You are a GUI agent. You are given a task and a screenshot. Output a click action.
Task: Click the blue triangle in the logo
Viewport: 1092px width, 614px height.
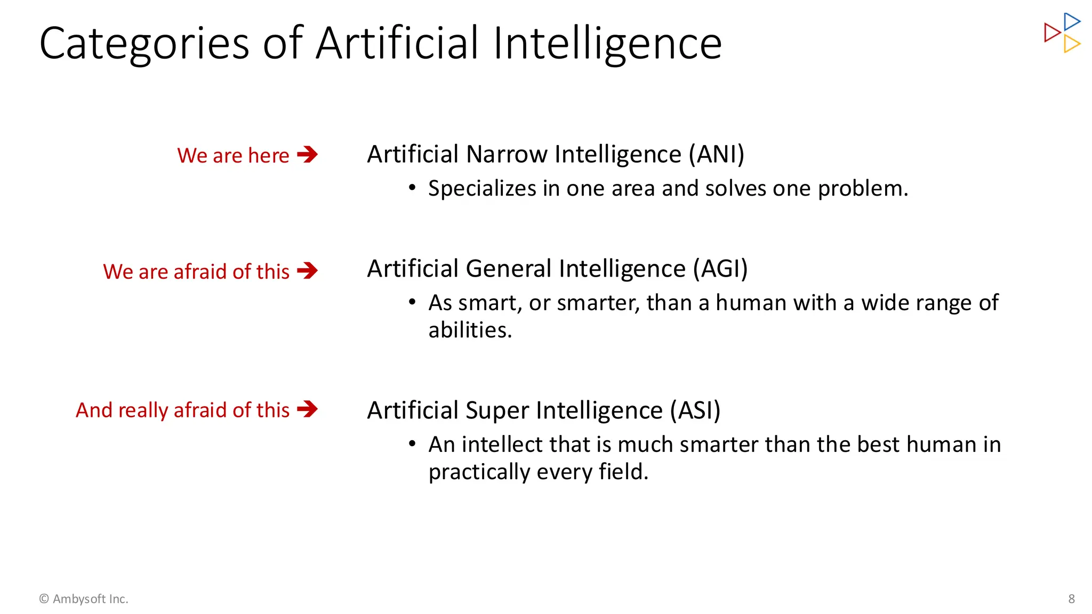(1071, 22)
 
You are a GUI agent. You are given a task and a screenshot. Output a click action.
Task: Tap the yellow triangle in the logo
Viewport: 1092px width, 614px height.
(1071, 44)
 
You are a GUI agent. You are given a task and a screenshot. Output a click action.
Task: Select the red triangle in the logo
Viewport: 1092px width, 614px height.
(1051, 33)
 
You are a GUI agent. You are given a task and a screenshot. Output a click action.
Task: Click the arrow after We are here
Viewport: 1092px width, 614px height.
(308, 155)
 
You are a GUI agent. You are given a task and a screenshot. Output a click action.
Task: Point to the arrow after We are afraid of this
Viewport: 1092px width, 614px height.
(308, 271)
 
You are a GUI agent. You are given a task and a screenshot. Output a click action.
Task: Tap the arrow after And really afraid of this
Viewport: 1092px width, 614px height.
(308, 409)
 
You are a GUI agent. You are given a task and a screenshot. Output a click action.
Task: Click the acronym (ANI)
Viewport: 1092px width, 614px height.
(716, 155)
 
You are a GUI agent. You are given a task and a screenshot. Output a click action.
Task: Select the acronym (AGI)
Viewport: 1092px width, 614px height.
(720, 269)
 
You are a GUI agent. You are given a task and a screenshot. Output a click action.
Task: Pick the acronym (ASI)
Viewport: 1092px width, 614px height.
(695, 410)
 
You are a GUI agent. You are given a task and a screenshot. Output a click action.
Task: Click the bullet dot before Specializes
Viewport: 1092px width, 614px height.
(412, 188)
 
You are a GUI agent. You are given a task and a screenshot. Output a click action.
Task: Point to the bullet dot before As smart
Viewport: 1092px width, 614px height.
(412, 302)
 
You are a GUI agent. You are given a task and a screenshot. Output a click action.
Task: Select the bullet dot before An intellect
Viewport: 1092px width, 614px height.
(412, 443)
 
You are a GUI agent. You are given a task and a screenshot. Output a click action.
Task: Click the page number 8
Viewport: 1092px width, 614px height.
(1071, 599)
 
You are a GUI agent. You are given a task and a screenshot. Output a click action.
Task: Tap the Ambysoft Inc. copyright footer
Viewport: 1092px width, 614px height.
(84, 599)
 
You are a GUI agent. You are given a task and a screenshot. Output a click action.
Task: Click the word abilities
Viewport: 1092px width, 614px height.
(470, 330)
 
